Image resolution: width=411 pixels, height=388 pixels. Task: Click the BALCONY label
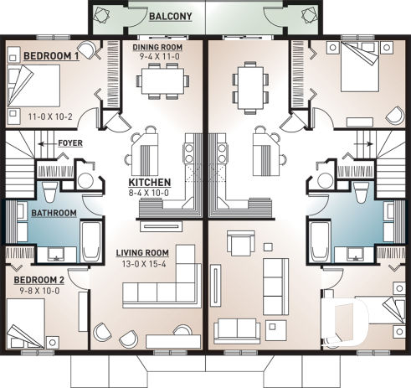coord(170,16)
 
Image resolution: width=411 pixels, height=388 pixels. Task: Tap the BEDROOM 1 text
coord(51,54)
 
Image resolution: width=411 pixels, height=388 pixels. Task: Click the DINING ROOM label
coord(162,47)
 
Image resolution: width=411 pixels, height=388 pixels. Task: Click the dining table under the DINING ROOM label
coord(163,81)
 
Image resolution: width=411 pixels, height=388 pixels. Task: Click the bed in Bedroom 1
coord(33,84)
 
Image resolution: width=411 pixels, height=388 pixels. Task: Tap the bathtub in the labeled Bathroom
coord(90,239)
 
